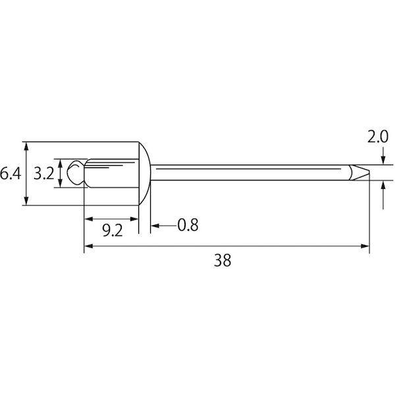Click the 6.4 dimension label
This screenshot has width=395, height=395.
click(x=10, y=174)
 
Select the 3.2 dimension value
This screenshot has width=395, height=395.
click(x=44, y=174)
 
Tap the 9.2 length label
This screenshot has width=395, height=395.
click(x=113, y=230)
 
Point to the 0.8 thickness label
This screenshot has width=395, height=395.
click(x=188, y=225)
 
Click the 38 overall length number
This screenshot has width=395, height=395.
click(x=223, y=260)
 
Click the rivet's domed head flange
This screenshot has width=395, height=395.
click(x=145, y=174)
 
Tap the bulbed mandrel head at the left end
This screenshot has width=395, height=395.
click(x=76, y=172)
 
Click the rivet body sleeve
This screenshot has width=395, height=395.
click(x=112, y=173)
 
